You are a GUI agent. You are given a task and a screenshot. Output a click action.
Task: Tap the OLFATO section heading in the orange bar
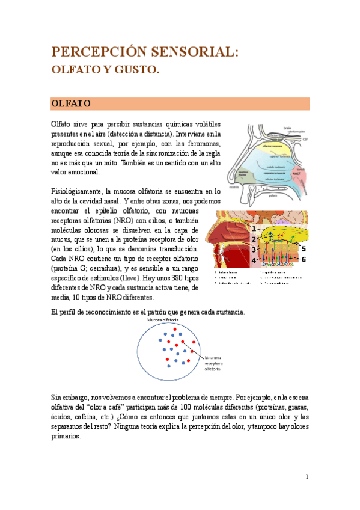(x=71, y=103)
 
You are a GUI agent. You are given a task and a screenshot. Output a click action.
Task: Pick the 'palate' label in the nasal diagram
(x=273, y=195)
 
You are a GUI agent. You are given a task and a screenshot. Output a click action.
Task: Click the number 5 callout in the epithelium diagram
(x=303, y=248)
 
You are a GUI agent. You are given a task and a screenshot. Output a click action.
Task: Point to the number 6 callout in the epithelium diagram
(x=304, y=259)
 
